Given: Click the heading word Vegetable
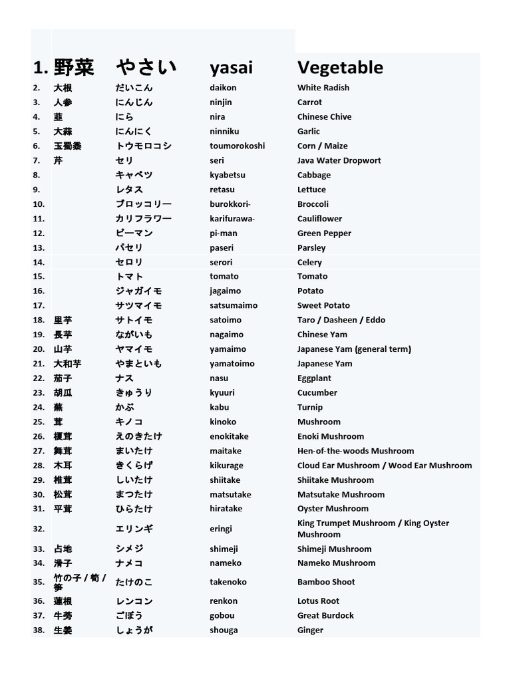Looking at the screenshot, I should coord(340,67).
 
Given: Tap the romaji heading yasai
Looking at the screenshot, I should coord(231,68).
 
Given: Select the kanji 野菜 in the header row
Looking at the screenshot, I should coord(74,67).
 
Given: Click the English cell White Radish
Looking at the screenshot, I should coord(323,88).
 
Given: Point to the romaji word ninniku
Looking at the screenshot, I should coord(224,132).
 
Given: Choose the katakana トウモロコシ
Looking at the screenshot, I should coord(143,146).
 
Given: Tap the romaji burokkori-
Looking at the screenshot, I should coord(230,204).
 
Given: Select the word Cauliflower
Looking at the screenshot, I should coord(319,219).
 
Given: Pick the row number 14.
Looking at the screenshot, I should coord(39,263).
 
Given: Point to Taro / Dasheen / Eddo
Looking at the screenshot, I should coord(341,320).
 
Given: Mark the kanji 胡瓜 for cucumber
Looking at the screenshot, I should coord(63,393).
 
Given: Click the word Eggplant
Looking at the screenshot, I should coord(314,378).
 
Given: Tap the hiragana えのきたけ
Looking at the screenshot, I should coord(138,437).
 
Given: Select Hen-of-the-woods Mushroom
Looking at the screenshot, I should coord(355,451).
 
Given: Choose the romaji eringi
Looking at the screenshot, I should coord(222,529).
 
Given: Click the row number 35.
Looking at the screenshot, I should coord(39,582).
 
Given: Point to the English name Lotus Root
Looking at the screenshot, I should coord(318,601).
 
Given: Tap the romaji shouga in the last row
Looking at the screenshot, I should coord(224,630).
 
